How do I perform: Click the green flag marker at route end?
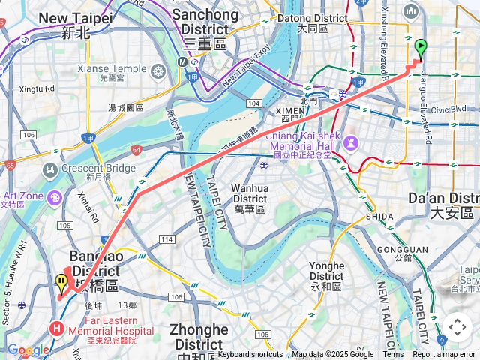tap(420, 49)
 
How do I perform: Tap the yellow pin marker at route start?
tap(61, 283)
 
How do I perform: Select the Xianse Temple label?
tap(112, 68)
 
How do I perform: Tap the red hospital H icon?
tap(56, 328)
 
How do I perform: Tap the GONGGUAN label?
tap(403, 250)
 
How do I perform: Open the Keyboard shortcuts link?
tap(250, 355)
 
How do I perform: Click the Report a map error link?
tap(444, 355)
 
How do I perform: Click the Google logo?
tap(28, 350)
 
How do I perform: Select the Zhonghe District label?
tap(199, 337)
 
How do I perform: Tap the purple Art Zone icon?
tap(55, 197)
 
